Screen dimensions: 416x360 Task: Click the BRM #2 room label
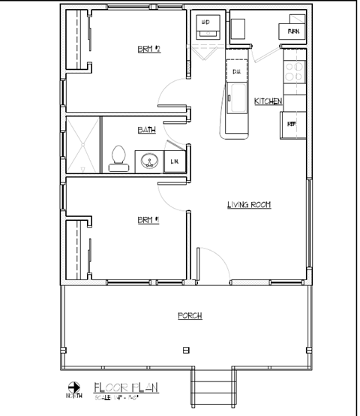pyautogui.click(x=149, y=50)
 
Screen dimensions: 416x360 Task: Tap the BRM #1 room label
pyautogui.click(x=148, y=220)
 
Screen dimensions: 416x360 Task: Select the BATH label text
pyautogui.click(x=147, y=130)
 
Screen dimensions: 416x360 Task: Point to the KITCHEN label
pyautogui.click(x=267, y=101)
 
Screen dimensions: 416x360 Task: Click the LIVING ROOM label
pyautogui.click(x=248, y=204)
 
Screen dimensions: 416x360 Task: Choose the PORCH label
pyautogui.click(x=189, y=315)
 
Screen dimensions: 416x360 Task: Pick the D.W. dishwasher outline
pyautogui.click(x=236, y=71)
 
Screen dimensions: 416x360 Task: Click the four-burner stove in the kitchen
pyautogui.click(x=295, y=71)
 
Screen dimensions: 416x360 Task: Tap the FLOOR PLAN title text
pyautogui.click(x=125, y=387)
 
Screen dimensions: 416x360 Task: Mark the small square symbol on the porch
pyautogui.click(x=186, y=350)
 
